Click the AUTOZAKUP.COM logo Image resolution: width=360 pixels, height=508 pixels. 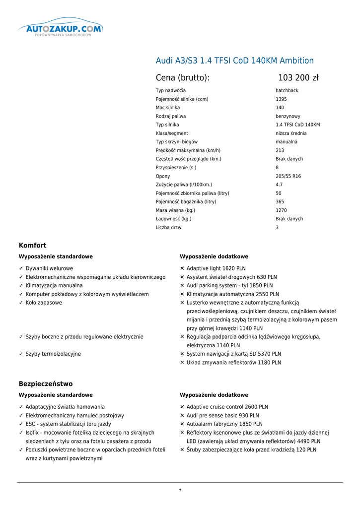tap(60, 30)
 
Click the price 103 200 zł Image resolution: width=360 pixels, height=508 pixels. tap(298, 78)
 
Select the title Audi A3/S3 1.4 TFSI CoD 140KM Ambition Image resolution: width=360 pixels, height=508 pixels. tap(234, 61)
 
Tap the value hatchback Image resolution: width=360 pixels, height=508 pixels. tap(287, 91)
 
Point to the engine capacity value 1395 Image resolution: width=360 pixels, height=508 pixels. tap(281, 99)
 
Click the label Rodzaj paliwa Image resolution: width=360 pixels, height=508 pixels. tap(171, 116)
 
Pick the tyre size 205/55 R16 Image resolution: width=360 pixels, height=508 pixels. tap(288, 176)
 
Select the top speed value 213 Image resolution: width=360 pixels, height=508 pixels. tap(280, 150)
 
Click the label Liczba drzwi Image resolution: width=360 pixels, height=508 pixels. tap(169, 228)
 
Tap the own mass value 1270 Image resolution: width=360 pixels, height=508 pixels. tap(281, 210)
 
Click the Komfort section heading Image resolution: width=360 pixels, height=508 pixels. tap(33, 246)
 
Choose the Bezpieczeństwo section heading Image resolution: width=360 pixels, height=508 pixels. tap(46, 384)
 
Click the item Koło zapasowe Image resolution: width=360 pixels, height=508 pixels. tap(44, 303)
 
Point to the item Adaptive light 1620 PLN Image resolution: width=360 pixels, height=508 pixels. tap(216, 268)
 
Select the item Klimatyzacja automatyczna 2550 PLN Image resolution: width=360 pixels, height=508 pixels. tap(232, 294)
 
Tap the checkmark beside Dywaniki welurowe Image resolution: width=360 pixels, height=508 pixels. tap(21, 268)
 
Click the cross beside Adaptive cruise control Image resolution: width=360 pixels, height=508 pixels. tap(182, 407)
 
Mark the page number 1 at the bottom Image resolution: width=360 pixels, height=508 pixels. tap(180, 491)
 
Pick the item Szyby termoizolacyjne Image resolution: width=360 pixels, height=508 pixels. tap(53, 354)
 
